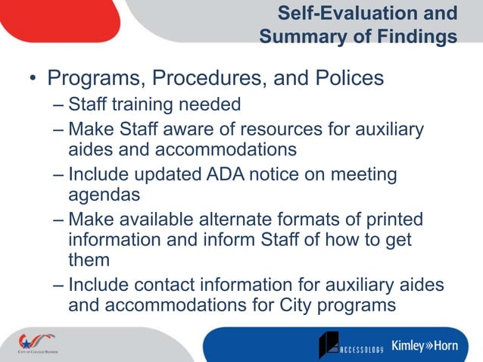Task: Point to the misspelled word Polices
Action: (x=344, y=78)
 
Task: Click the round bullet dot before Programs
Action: (x=32, y=80)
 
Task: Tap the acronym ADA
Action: (x=226, y=175)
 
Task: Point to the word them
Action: (x=89, y=260)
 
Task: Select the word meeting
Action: (x=362, y=175)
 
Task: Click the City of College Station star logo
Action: (x=34, y=342)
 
